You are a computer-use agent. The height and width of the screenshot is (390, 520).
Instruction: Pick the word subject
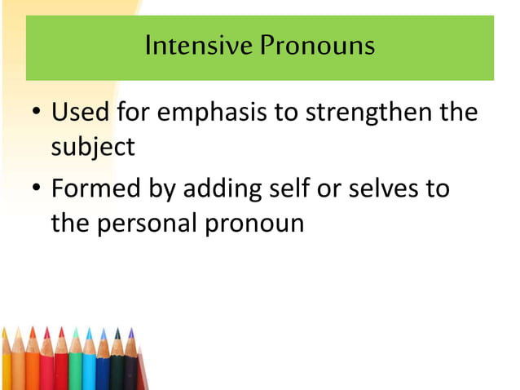(x=93, y=148)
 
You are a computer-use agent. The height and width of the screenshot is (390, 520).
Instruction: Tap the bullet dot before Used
(x=37, y=113)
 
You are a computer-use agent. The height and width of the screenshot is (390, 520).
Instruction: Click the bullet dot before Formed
(x=37, y=190)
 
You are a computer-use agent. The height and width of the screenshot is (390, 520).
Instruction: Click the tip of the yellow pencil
(x=4, y=331)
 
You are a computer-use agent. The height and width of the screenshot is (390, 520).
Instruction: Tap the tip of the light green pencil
(x=75, y=330)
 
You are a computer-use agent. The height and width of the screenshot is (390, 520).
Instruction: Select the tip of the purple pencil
(x=130, y=331)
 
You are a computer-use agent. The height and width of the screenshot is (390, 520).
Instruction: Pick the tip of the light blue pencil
(x=89, y=330)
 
